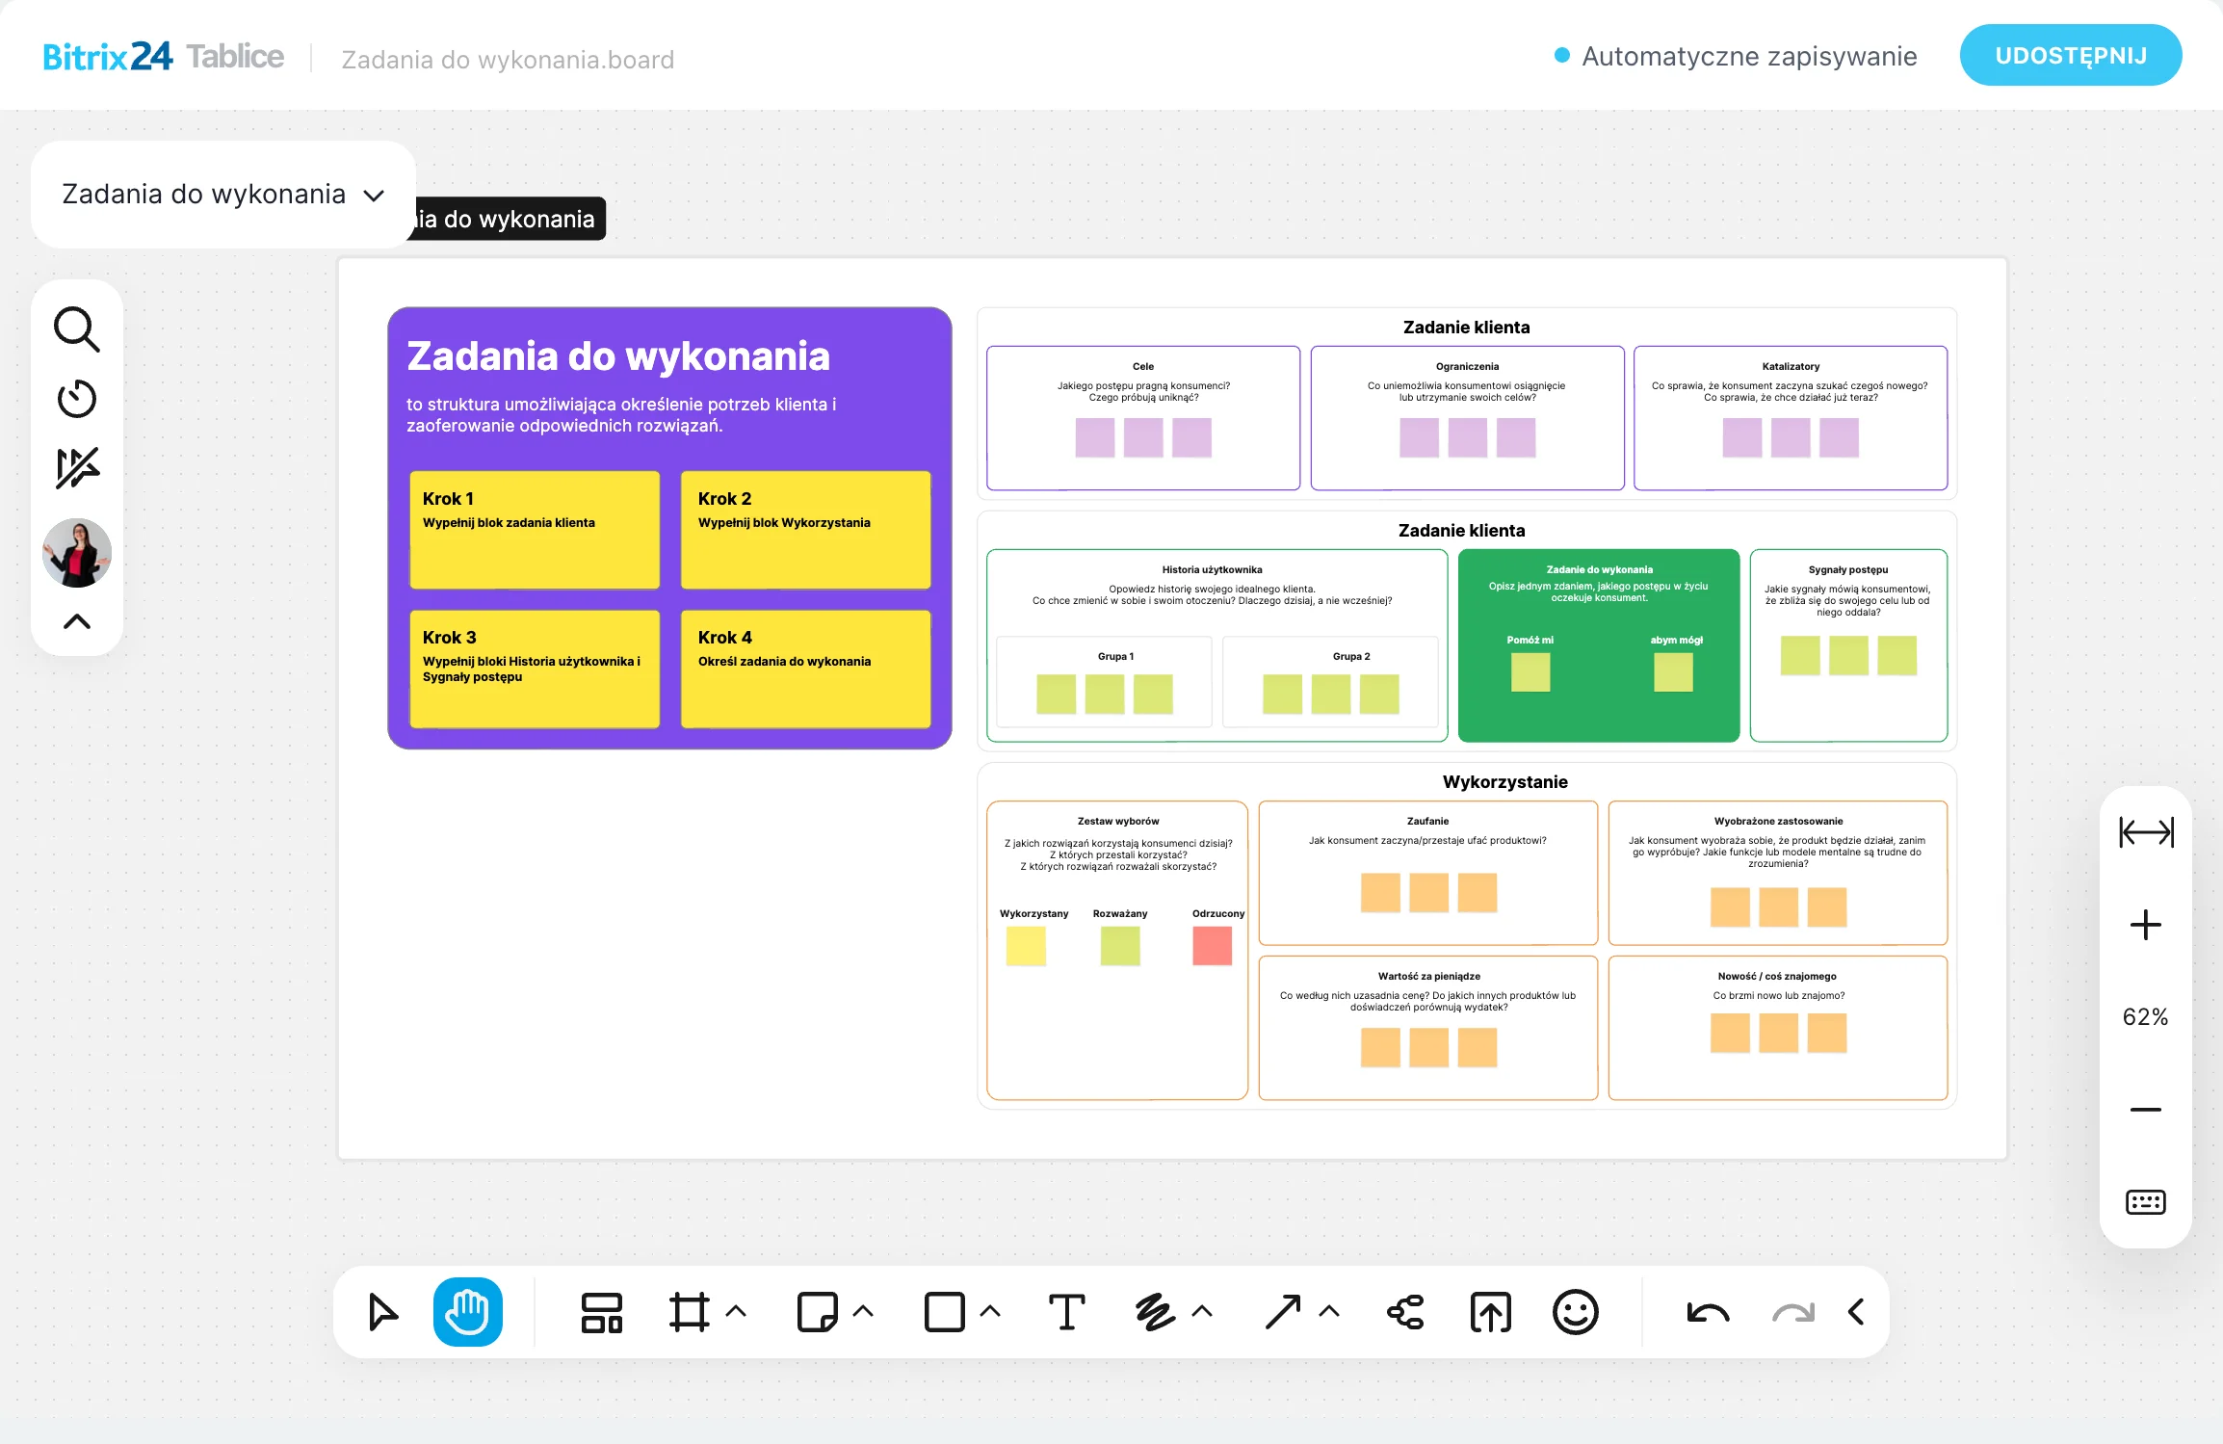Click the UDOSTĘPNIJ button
[x=2070, y=55]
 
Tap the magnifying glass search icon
[x=76, y=329]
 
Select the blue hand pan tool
[x=468, y=1311]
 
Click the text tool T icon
[x=1066, y=1312]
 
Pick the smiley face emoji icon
[x=1575, y=1312]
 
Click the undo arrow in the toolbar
[x=1708, y=1312]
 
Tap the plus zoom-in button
[x=2145, y=925]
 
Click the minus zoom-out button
[x=2145, y=1110]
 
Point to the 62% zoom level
[x=2145, y=1017]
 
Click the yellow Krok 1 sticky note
[x=535, y=529]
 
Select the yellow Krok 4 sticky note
[x=806, y=669]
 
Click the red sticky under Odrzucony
[x=1212, y=946]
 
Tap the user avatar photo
[x=77, y=553]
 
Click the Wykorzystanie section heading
[x=1504, y=782]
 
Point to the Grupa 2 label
[x=1351, y=656]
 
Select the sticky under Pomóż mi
[x=1530, y=672]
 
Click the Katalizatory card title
[x=1791, y=366]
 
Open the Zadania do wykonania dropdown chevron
[x=374, y=196]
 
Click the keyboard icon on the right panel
[x=2145, y=1202]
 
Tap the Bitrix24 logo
[x=108, y=57]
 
